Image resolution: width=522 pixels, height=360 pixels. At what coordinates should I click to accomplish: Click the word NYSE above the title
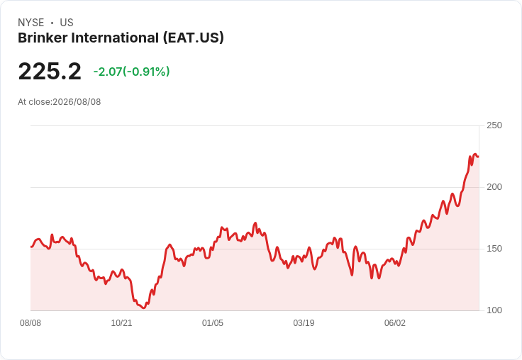click(x=31, y=23)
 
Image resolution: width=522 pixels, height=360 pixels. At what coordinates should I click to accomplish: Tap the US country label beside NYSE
click(x=67, y=23)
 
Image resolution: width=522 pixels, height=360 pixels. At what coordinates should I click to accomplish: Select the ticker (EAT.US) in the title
click(x=194, y=38)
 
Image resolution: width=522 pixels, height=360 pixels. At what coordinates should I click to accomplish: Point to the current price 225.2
click(x=50, y=71)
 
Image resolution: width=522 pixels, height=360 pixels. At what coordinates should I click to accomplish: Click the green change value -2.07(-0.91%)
click(x=131, y=72)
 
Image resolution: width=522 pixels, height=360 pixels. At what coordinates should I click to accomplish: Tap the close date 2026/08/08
click(x=77, y=102)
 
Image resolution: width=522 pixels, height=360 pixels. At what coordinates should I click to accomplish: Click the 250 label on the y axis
click(x=494, y=125)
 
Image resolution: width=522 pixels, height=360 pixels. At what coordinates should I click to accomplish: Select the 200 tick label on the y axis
click(x=494, y=187)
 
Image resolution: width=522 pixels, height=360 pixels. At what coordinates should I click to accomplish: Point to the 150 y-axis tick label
click(x=494, y=249)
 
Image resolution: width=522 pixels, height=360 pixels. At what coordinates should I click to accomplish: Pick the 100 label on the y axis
click(x=494, y=310)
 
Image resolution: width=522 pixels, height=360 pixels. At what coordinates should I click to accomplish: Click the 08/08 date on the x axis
click(x=30, y=323)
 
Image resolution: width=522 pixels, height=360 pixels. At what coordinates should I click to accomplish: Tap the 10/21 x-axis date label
click(x=121, y=323)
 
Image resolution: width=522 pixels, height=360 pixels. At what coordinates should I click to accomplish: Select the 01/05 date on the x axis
click(x=212, y=323)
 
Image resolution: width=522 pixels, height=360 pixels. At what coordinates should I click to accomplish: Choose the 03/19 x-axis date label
click(x=304, y=323)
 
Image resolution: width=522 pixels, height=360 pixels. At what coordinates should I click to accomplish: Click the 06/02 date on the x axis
click(x=395, y=323)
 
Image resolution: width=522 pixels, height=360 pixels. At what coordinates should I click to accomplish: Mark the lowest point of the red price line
click(x=143, y=308)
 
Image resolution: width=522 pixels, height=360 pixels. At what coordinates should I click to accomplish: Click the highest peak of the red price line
click(x=475, y=154)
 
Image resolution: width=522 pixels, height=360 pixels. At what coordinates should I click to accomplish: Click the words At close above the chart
click(x=34, y=102)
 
